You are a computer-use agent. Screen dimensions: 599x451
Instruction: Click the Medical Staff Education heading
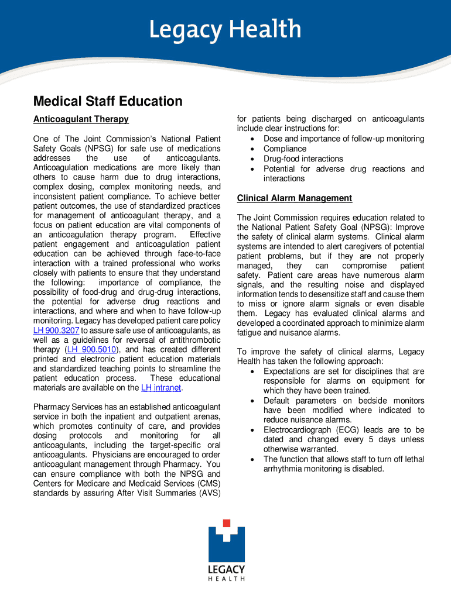(x=108, y=102)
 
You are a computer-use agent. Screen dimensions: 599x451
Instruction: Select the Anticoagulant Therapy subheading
(x=81, y=119)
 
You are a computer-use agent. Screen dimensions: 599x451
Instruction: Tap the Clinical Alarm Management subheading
(x=295, y=198)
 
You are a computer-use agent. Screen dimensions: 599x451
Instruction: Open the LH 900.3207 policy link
(x=56, y=331)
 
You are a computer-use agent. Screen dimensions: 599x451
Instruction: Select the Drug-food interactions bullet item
(x=303, y=159)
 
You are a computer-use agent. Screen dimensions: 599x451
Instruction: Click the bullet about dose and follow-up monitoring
(x=344, y=139)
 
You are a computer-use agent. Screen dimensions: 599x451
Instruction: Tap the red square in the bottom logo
(x=227, y=524)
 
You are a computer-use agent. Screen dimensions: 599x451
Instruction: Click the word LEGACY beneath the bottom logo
(x=227, y=569)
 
